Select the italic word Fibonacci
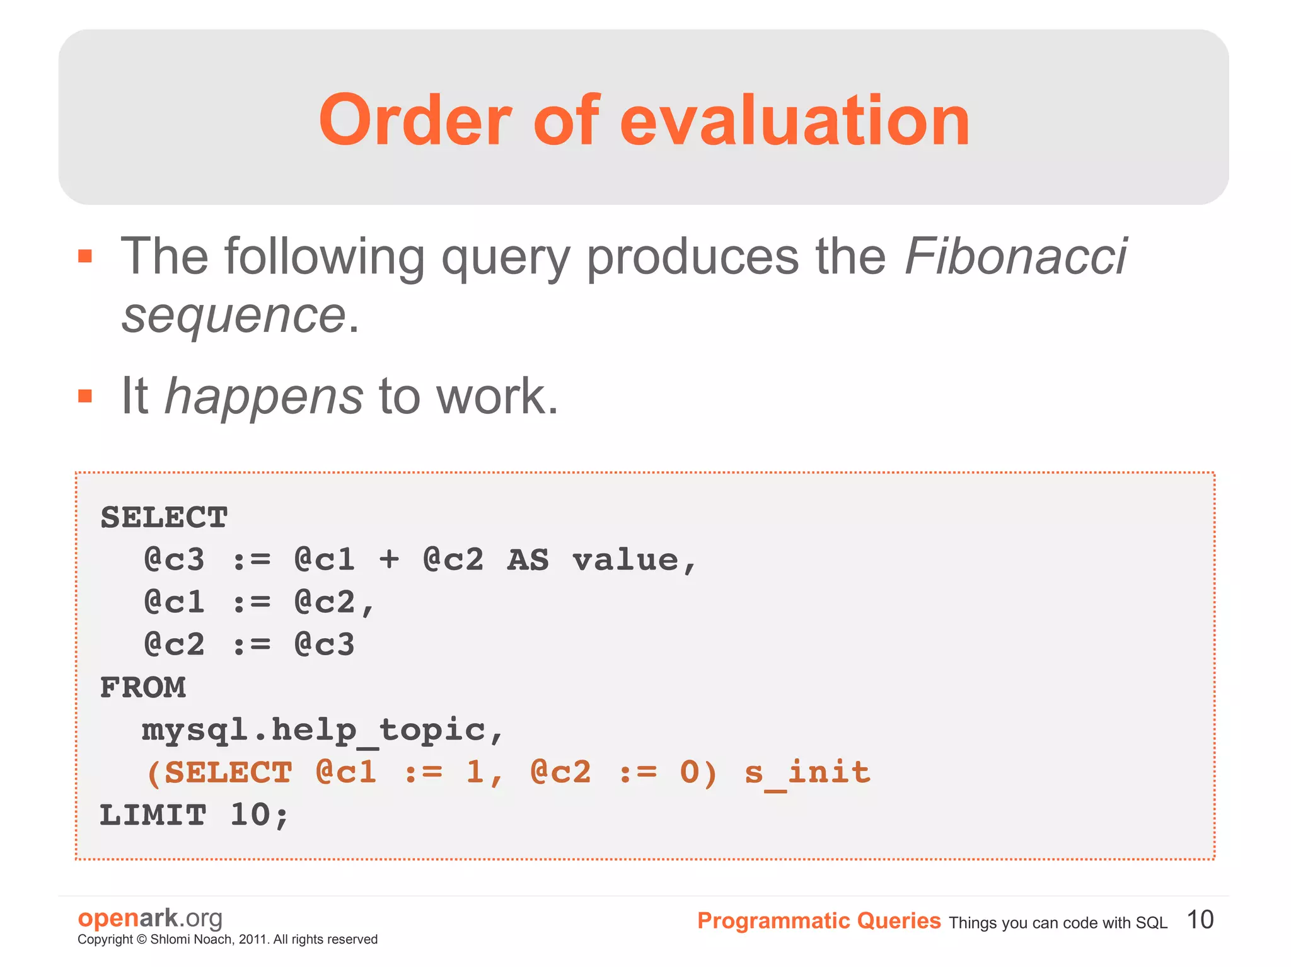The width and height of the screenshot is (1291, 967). point(1015,256)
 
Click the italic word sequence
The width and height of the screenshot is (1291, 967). point(233,315)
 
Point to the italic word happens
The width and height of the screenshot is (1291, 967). point(263,397)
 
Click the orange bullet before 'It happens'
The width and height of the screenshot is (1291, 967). point(85,396)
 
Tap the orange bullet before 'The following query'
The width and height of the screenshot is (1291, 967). point(85,256)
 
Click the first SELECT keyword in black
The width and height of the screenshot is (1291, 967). point(164,518)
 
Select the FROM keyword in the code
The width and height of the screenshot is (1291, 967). point(143,687)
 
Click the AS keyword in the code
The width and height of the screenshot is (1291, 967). point(528,560)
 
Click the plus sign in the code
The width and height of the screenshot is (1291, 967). point(389,560)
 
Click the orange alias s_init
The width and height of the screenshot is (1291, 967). point(807,773)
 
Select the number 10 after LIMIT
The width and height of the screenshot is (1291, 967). point(250,815)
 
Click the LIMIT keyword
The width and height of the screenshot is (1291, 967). point(153,815)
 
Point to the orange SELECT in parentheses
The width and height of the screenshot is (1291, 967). point(228,773)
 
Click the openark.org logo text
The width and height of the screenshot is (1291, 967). point(150,918)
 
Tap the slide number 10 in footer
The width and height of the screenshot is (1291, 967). point(1200,920)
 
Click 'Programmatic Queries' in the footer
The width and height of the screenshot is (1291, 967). point(818,921)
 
